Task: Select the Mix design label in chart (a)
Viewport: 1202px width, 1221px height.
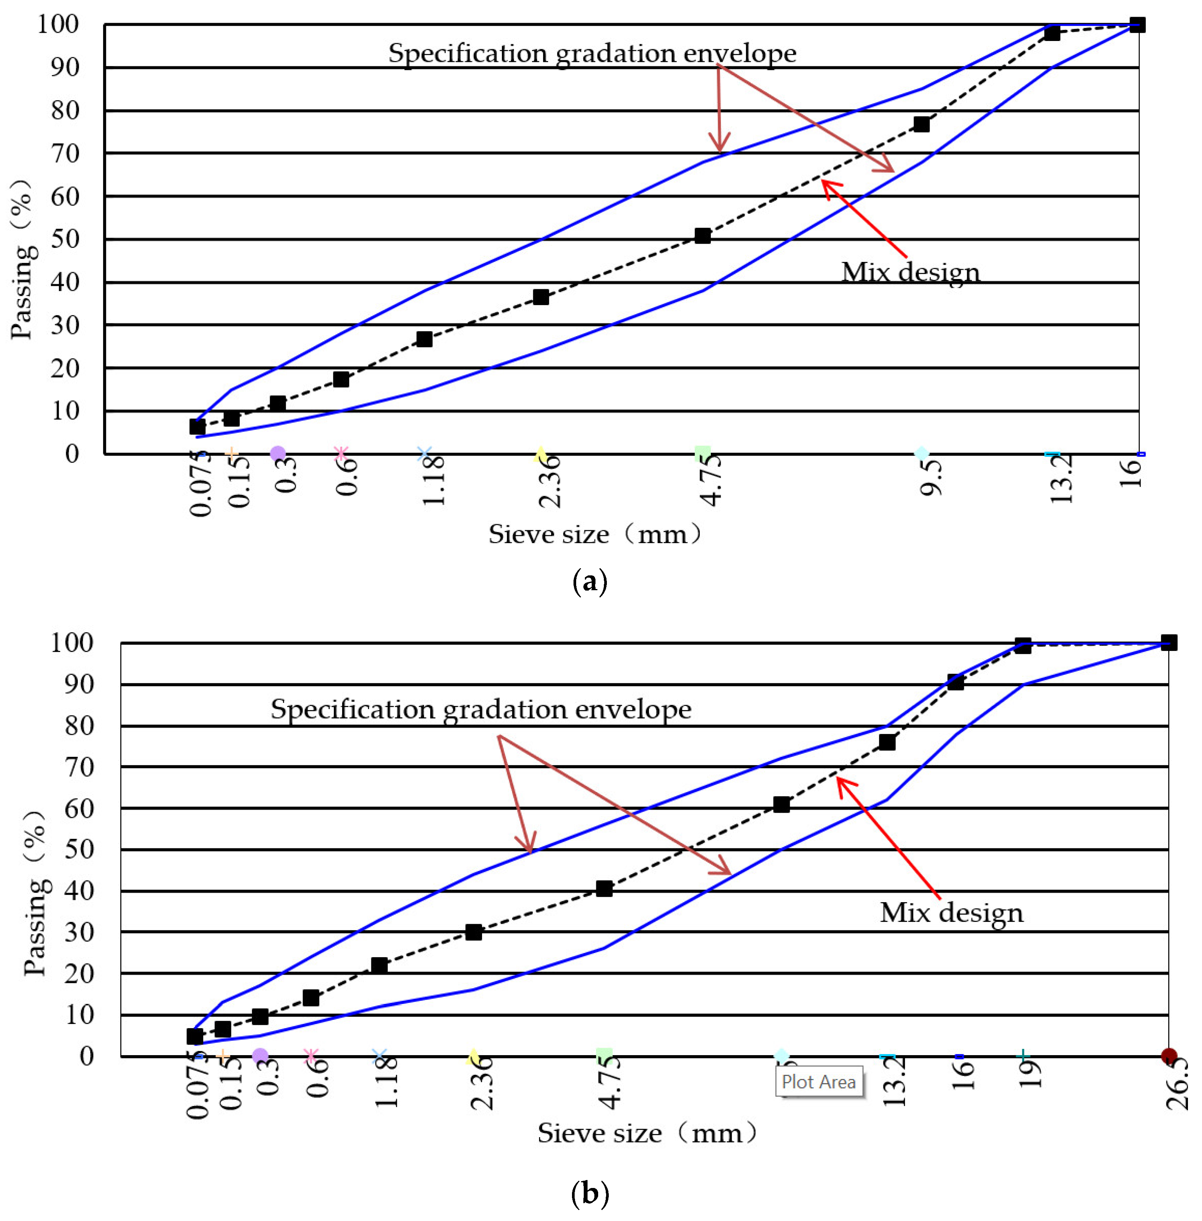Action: pyautogui.click(x=910, y=272)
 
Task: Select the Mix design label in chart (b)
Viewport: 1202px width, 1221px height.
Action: pyautogui.click(x=951, y=913)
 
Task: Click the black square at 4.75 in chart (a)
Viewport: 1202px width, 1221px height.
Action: pyautogui.click(x=702, y=236)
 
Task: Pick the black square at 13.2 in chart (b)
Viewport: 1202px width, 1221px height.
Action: pyautogui.click(x=887, y=742)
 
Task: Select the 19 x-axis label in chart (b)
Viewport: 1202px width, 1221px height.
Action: pyautogui.click(x=1029, y=1073)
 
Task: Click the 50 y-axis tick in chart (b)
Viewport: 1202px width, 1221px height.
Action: pyautogui.click(x=79, y=849)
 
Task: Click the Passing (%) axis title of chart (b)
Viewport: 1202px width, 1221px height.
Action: pyautogui.click(x=35, y=894)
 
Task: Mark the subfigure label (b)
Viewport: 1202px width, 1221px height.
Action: pyautogui.click(x=590, y=1194)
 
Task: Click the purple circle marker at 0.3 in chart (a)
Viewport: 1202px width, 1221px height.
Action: pyautogui.click(x=278, y=453)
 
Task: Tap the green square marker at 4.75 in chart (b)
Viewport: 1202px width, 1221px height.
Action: pyautogui.click(x=604, y=1056)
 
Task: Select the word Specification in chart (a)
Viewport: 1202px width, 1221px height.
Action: pyautogui.click(x=468, y=53)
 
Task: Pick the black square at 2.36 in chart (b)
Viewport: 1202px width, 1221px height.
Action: pyautogui.click(x=473, y=932)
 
